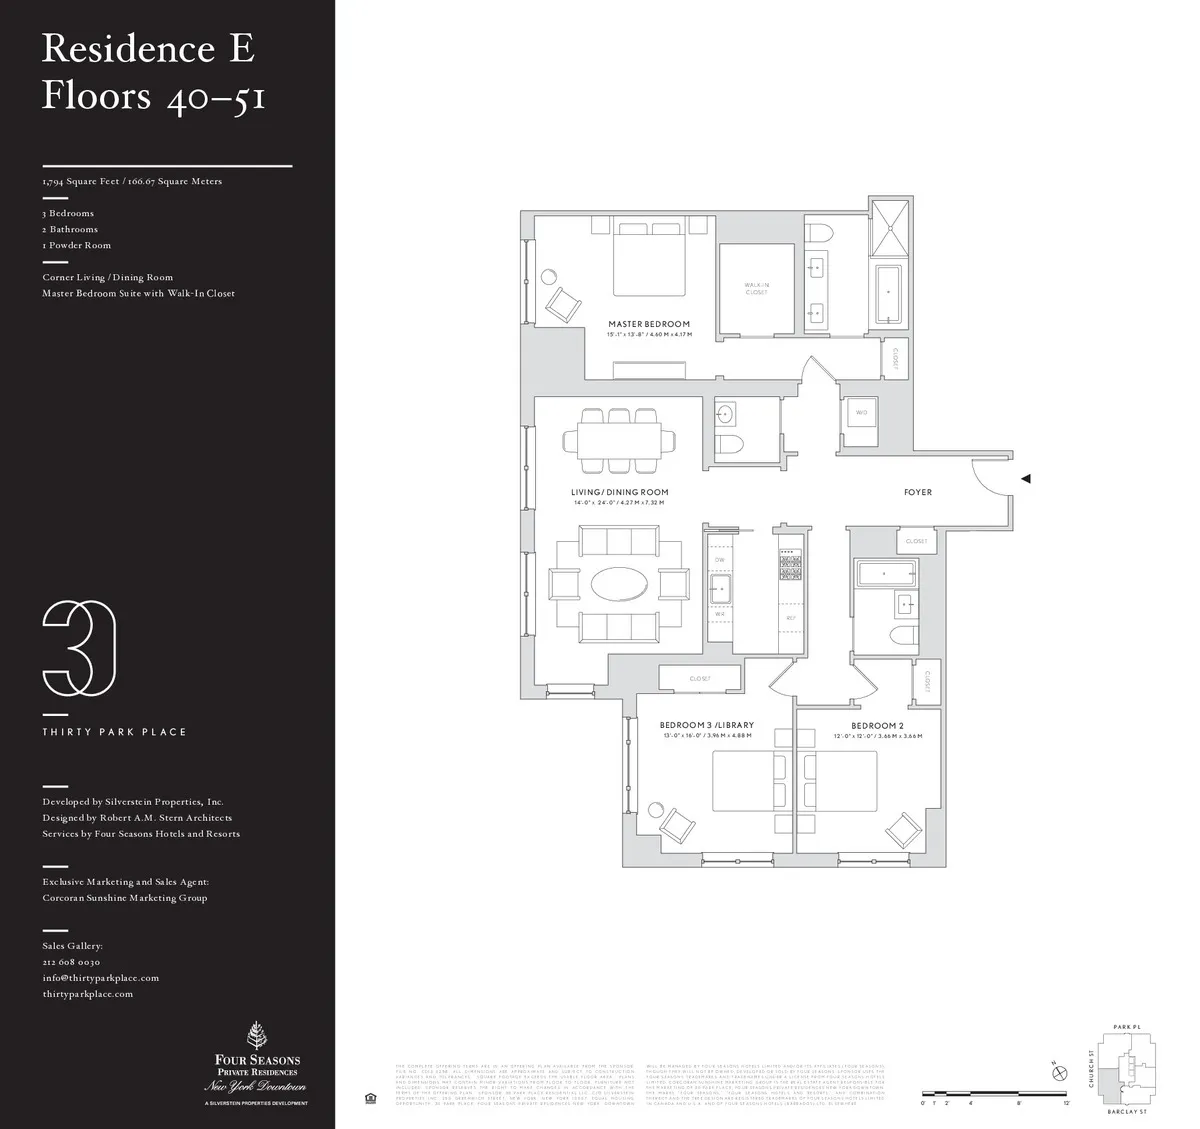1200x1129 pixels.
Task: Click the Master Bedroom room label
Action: pyautogui.click(x=649, y=324)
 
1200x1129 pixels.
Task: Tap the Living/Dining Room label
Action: pyautogui.click(x=619, y=492)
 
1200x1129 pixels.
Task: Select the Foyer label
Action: pyautogui.click(x=917, y=492)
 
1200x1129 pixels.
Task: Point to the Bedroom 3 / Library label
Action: pyautogui.click(x=706, y=725)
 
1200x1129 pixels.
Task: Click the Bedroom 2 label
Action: pyautogui.click(x=877, y=725)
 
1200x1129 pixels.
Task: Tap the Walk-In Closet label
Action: pyautogui.click(x=756, y=288)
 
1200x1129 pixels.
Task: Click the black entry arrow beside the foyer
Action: pyautogui.click(x=1025, y=479)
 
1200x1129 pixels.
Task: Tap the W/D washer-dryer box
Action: pyautogui.click(x=860, y=412)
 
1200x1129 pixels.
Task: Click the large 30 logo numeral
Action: pyautogui.click(x=79, y=649)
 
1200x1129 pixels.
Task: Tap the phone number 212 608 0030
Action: pyautogui.click(x=71, y=962)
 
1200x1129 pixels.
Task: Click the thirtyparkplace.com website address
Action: pyautogui.click(x=87, y=994)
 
